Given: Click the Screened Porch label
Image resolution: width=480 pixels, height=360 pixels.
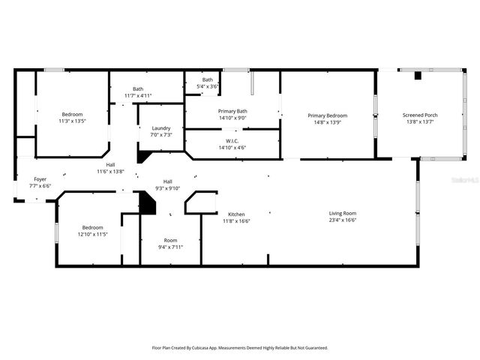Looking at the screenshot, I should (x=421, y=115).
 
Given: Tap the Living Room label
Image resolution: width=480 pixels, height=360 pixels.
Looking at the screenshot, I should (x=342, y=214).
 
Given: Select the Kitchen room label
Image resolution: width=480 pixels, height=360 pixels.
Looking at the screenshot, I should (x=236, y=214).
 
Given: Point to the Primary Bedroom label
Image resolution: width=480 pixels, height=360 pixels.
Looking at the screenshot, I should (x=327, y=115).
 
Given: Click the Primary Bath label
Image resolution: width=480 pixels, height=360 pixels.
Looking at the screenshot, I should (x=232, y=111).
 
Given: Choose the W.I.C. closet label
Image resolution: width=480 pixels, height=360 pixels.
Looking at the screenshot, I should (x=232, y=140).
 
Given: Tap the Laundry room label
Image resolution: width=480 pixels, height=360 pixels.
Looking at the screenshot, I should (x=161, y=128).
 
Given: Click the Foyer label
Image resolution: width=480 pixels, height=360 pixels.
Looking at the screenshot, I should (x=40, y=179).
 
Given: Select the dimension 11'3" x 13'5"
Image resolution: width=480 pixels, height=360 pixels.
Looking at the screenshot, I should (x=72, y=121).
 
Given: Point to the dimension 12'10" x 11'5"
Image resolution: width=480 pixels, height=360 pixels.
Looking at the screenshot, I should (x=93, y=234).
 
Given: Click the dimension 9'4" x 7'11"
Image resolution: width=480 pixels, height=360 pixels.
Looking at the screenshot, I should (x=170, y=247).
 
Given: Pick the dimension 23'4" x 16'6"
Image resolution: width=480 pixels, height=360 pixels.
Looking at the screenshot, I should (x=342, y=220).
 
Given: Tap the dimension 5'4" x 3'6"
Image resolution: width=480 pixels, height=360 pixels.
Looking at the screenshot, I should (x=208, y=86).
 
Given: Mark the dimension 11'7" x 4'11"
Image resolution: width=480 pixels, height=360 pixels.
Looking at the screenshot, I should (x=138, y=95).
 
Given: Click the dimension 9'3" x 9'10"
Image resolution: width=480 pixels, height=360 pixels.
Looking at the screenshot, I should (x=168, y=188).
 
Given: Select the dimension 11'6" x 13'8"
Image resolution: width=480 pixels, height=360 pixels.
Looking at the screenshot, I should (x=110, y=172).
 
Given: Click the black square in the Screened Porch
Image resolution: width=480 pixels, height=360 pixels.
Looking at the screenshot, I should (x=418, y=76).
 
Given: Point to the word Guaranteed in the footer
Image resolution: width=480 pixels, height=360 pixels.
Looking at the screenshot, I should (x=313, y=348).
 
